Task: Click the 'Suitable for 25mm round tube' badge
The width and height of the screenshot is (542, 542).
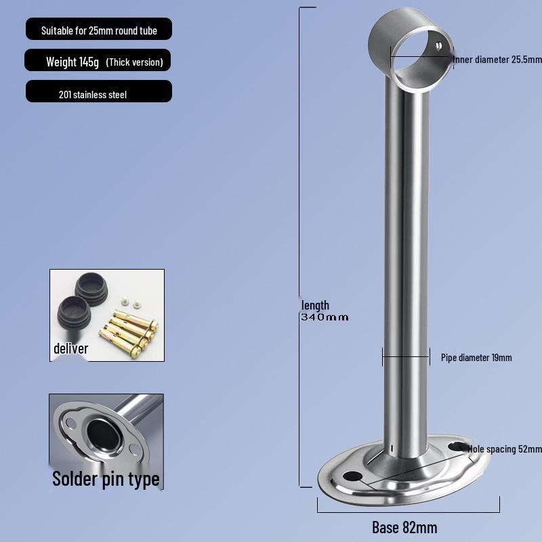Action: click(x=98, y=30)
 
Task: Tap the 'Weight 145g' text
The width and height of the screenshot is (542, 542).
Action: click(x=72, y=62)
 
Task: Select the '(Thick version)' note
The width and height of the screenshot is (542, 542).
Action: click(x=134, y=62)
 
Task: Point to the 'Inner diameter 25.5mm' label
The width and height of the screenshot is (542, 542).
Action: click(x=498, y=60)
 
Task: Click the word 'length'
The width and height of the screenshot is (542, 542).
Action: click(x=315, y=306)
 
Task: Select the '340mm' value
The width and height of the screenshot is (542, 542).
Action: click(x=325, y=317)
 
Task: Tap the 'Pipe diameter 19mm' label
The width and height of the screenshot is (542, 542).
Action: click(x=476, y=357)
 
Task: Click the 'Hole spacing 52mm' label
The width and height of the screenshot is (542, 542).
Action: click(x=505, y=449)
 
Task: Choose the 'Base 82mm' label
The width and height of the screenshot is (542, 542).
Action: click(x=404, y=527)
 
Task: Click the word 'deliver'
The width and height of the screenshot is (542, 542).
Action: click(x=71, y=349)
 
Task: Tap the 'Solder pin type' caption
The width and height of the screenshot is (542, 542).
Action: click(x=106, y=479)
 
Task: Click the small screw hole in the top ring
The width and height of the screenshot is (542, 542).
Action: click(x=439, y=46)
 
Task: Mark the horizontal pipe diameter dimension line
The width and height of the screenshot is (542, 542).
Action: click(x=406, y=356)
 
